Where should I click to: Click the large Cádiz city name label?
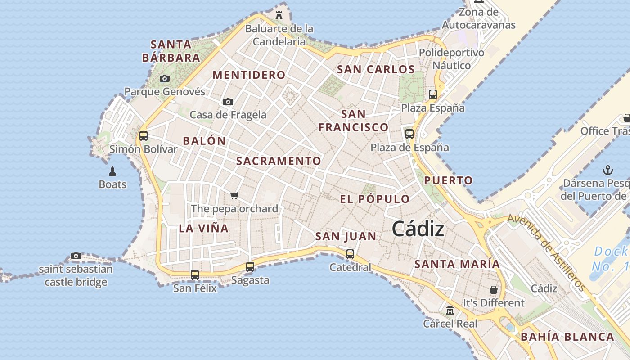click(x=418, y=229)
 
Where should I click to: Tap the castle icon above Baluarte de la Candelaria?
click(x=279, y=15)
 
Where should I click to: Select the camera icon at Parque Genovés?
click(x=165, y=79)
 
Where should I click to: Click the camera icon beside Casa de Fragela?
click(x=228, y=102)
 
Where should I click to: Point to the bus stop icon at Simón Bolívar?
click(x=144, y=135)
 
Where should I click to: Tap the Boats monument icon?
click(x=112, y=171)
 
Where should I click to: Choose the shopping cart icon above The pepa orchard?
click(x=234, y=195)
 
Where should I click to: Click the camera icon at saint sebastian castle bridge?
click(x=76, y=256)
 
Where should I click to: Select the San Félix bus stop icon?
click(x=195, y=274)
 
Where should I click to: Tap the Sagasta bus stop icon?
click(x=250, y=266)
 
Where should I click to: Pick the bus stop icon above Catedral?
click(x=350, y=254)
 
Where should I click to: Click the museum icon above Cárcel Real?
click(x=450, y=310)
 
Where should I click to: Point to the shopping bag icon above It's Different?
click(x=494, y=289)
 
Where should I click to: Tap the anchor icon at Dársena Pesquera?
click(x=608, y=171)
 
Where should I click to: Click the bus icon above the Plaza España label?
click(x=433, y=94)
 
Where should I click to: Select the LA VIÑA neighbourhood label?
click(x=204, y=228)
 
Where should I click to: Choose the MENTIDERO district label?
click(x=249, y=75)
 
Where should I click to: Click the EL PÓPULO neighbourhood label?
click(x=375, y=199)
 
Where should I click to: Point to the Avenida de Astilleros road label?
click(x=547, y=252)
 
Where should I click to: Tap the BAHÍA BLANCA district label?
click(x=567, y=337)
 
